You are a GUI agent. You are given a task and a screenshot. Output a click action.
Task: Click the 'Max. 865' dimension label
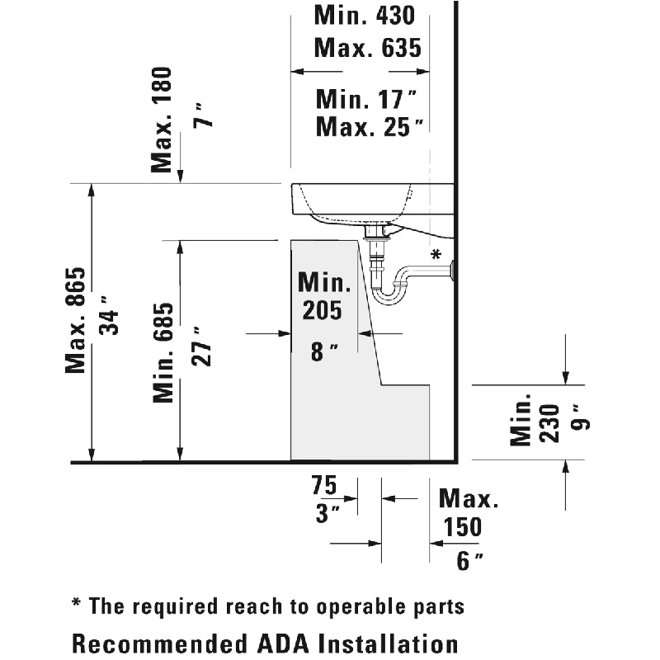pyautogui.click(x=76, y=320)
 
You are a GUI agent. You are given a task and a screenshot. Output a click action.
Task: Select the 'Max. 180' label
pyautogui.click(x=163, y=120)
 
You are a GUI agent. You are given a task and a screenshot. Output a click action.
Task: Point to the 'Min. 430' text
pyautogui.click(x=365, y=15)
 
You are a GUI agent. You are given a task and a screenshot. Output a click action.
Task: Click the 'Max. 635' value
pyautogui.click(x=368, y=47)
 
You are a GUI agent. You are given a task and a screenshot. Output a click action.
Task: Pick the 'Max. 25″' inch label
pyautogui.click(x=370, y=128)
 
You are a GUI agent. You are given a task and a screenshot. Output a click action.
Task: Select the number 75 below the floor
pyautogui.click(x=326, y=485)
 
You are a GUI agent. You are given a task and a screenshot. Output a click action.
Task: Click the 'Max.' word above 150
pyautogui.click(x=469, y=499)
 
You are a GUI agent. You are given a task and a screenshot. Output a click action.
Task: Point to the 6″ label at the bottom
pyautogui.click(x=469, y=561)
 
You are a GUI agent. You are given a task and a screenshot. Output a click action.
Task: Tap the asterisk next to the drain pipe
pyautogui.click(x=436, y=253)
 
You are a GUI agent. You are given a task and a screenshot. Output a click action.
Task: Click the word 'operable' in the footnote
pyautogui.click(x=365, y=607)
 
